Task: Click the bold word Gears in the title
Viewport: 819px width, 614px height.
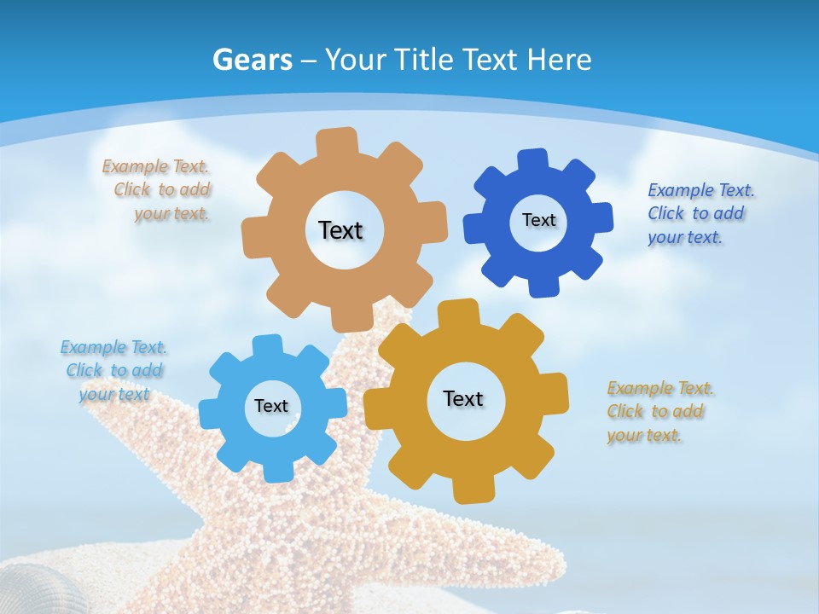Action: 253,60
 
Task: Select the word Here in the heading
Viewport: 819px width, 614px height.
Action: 560,60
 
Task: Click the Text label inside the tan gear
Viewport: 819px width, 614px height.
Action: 340,230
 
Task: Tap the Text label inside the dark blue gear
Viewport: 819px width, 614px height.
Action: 538,220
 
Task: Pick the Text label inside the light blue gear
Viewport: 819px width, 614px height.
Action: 271,406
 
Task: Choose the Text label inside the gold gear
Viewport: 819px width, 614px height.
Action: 463,398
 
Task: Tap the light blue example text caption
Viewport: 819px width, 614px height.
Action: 113,370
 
